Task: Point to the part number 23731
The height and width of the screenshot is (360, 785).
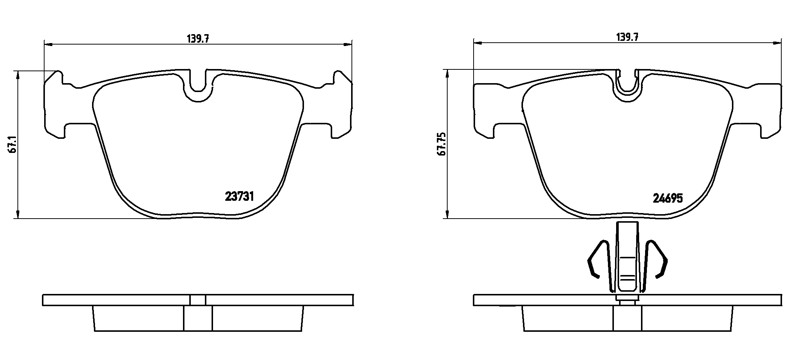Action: (239, 196)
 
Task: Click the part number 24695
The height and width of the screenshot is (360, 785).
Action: (668, 199)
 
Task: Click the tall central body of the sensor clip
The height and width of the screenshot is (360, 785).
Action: (627, 260)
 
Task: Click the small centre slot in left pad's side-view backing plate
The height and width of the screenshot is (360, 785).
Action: (198, 300)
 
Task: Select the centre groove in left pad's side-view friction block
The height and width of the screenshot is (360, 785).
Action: (198, 318)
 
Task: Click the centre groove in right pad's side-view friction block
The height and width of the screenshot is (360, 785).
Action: (627, 318)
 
